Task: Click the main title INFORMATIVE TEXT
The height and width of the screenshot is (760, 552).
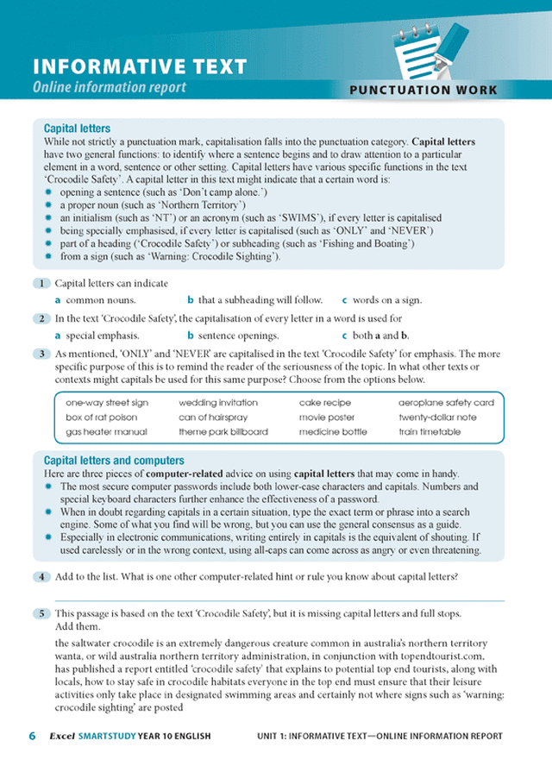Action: pyautogui.click(x=139, y=67)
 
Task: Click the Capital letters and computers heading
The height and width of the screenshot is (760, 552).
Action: pyautogui.click(x=113, y=461)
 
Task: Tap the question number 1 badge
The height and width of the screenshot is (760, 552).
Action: pyautogui.click(x=41, y=284)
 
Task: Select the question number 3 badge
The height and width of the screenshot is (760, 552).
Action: pyautogui.click(x=41, y=354)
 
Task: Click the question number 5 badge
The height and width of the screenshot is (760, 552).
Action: pyautogui.click(x=41, y=613)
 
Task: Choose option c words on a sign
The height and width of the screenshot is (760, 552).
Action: pyautogui.click(x=381, y=300)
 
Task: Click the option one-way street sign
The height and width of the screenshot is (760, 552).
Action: pyautogui.click(x=107, y=402)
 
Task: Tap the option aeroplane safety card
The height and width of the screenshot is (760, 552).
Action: pyautogui.click(x=445, y=402)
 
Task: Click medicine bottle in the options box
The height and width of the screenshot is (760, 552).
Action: pyautogui.click(x=333, y=431)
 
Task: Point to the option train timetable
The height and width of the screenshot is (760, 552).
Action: pyautogui.click(x=429, y=431)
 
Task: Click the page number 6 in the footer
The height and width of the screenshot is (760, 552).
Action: pyautogui.click(x=32, y=736)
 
